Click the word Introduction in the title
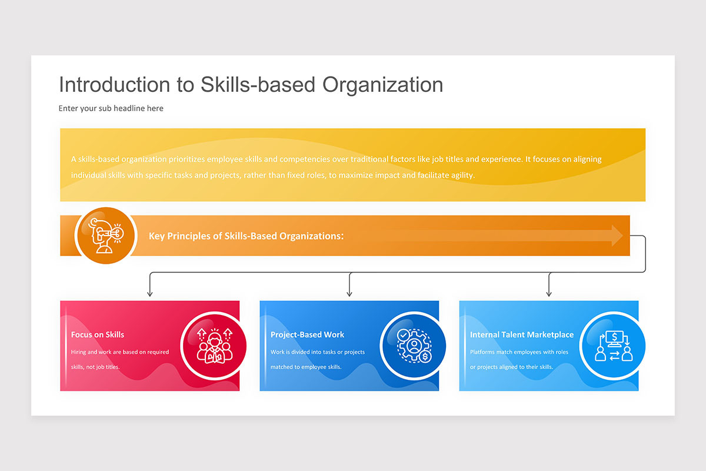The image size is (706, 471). coord(115,85)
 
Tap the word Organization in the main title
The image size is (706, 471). coord(382,85)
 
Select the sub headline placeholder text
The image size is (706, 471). coord(111,108)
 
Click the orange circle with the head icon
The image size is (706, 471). coord(106,235)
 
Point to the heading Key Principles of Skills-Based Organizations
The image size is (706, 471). coord(246,236)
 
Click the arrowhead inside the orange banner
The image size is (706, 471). coord(617,235)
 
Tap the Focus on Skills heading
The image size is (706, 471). coord(98,334)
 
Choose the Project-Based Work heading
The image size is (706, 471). coord(307,334)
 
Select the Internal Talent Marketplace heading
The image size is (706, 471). coord(522,334)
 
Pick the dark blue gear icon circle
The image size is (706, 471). coord(414,346)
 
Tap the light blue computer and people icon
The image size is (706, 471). coord(613,346)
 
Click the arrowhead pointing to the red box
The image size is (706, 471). coord(149,294)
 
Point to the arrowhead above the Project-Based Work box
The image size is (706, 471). coord(349,294)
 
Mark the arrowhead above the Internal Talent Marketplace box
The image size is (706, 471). coord(549,294)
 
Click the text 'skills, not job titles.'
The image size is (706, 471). coord(95,367)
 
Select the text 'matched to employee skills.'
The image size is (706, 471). coord(306,367)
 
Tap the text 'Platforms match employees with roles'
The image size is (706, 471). coord(519,351)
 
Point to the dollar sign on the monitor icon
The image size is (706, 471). coord(614,337)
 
